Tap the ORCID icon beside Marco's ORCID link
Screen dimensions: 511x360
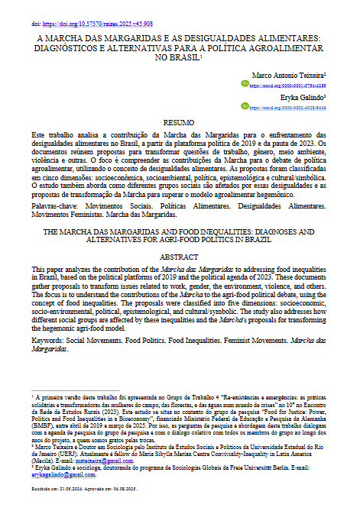click(246, 87)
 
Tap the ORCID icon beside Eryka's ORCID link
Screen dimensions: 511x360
click(246, 108)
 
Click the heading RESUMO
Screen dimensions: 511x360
click(180, 122)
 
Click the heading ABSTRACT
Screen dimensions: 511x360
click(180, 257)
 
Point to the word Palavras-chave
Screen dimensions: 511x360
click(57, 205)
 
